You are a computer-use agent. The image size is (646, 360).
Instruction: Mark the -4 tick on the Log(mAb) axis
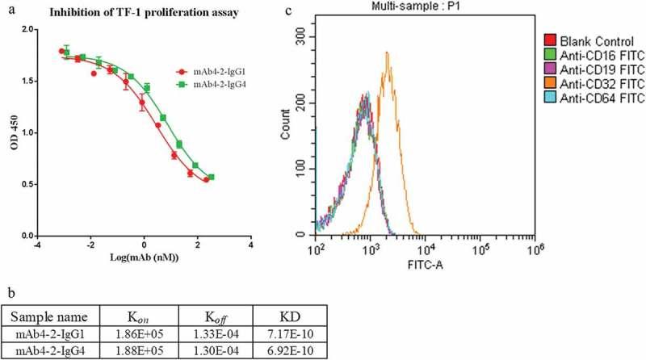[36, 245]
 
